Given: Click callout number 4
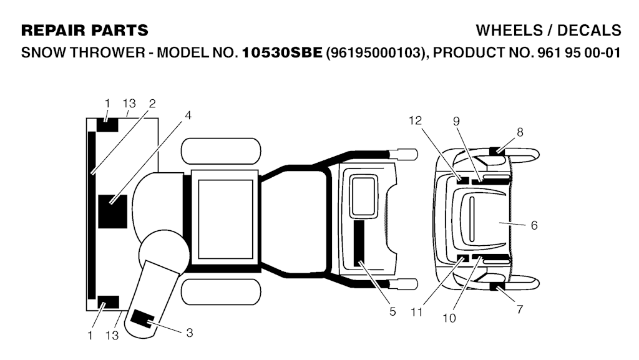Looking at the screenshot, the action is [x=188, y=115].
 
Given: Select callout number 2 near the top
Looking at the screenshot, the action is [x=152, y=104].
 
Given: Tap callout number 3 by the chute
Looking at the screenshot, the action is [x=190, y=333].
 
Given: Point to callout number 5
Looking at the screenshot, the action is [x=393, y=311].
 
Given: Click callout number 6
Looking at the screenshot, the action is [x=534, y=225].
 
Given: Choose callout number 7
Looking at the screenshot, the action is [x=520, y=309].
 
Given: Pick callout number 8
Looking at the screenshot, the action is [x=520, y=132].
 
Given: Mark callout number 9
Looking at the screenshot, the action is [x=456, y=121].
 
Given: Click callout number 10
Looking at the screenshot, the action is [x=449, y=318].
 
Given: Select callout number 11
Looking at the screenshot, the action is [x=416, y=313].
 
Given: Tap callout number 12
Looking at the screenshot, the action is [x=415, y=120].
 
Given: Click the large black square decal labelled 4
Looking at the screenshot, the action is [x=113, y=212].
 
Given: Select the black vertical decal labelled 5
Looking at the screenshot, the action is [x=359, y=243].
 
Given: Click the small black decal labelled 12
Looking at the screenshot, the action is [x=462, y=180].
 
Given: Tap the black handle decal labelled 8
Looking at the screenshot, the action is [x=496, y=151].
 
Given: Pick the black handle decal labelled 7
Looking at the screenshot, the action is [x=496, y=286].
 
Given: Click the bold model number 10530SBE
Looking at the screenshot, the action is [x=282, y=52].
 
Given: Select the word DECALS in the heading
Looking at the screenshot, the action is [x=589, y=31].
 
